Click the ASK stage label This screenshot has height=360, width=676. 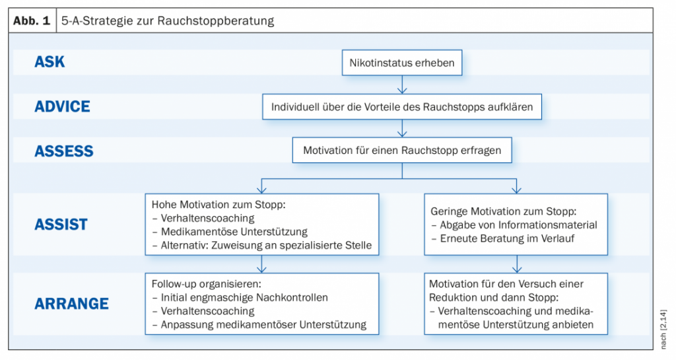point(50,62)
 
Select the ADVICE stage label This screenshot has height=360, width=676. point(63,106)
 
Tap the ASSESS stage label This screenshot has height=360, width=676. point(64,151)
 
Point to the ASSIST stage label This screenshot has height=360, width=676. point(61,224)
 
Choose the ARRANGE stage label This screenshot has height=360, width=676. point(71,303)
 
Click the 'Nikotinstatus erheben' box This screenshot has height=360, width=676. point(402,63)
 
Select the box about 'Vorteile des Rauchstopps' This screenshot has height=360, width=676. point(402,107)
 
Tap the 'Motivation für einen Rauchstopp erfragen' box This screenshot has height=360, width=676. point(402,151)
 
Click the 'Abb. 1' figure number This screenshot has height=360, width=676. point(32,20)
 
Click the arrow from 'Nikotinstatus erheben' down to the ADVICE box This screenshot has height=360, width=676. point(402,85)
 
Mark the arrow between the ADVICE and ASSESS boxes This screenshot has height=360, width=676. point(402,129)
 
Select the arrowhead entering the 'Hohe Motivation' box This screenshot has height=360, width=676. point(261,190)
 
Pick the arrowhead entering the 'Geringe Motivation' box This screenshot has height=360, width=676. point(516,190)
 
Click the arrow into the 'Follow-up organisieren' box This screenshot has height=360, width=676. point(261,264)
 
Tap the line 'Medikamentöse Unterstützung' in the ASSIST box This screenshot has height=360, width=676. point(230,232)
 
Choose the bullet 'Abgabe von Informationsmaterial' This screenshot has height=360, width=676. point(514,225)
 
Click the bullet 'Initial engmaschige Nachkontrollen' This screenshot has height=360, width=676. point(240,297)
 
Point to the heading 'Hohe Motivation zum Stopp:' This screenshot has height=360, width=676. point(219,205)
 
